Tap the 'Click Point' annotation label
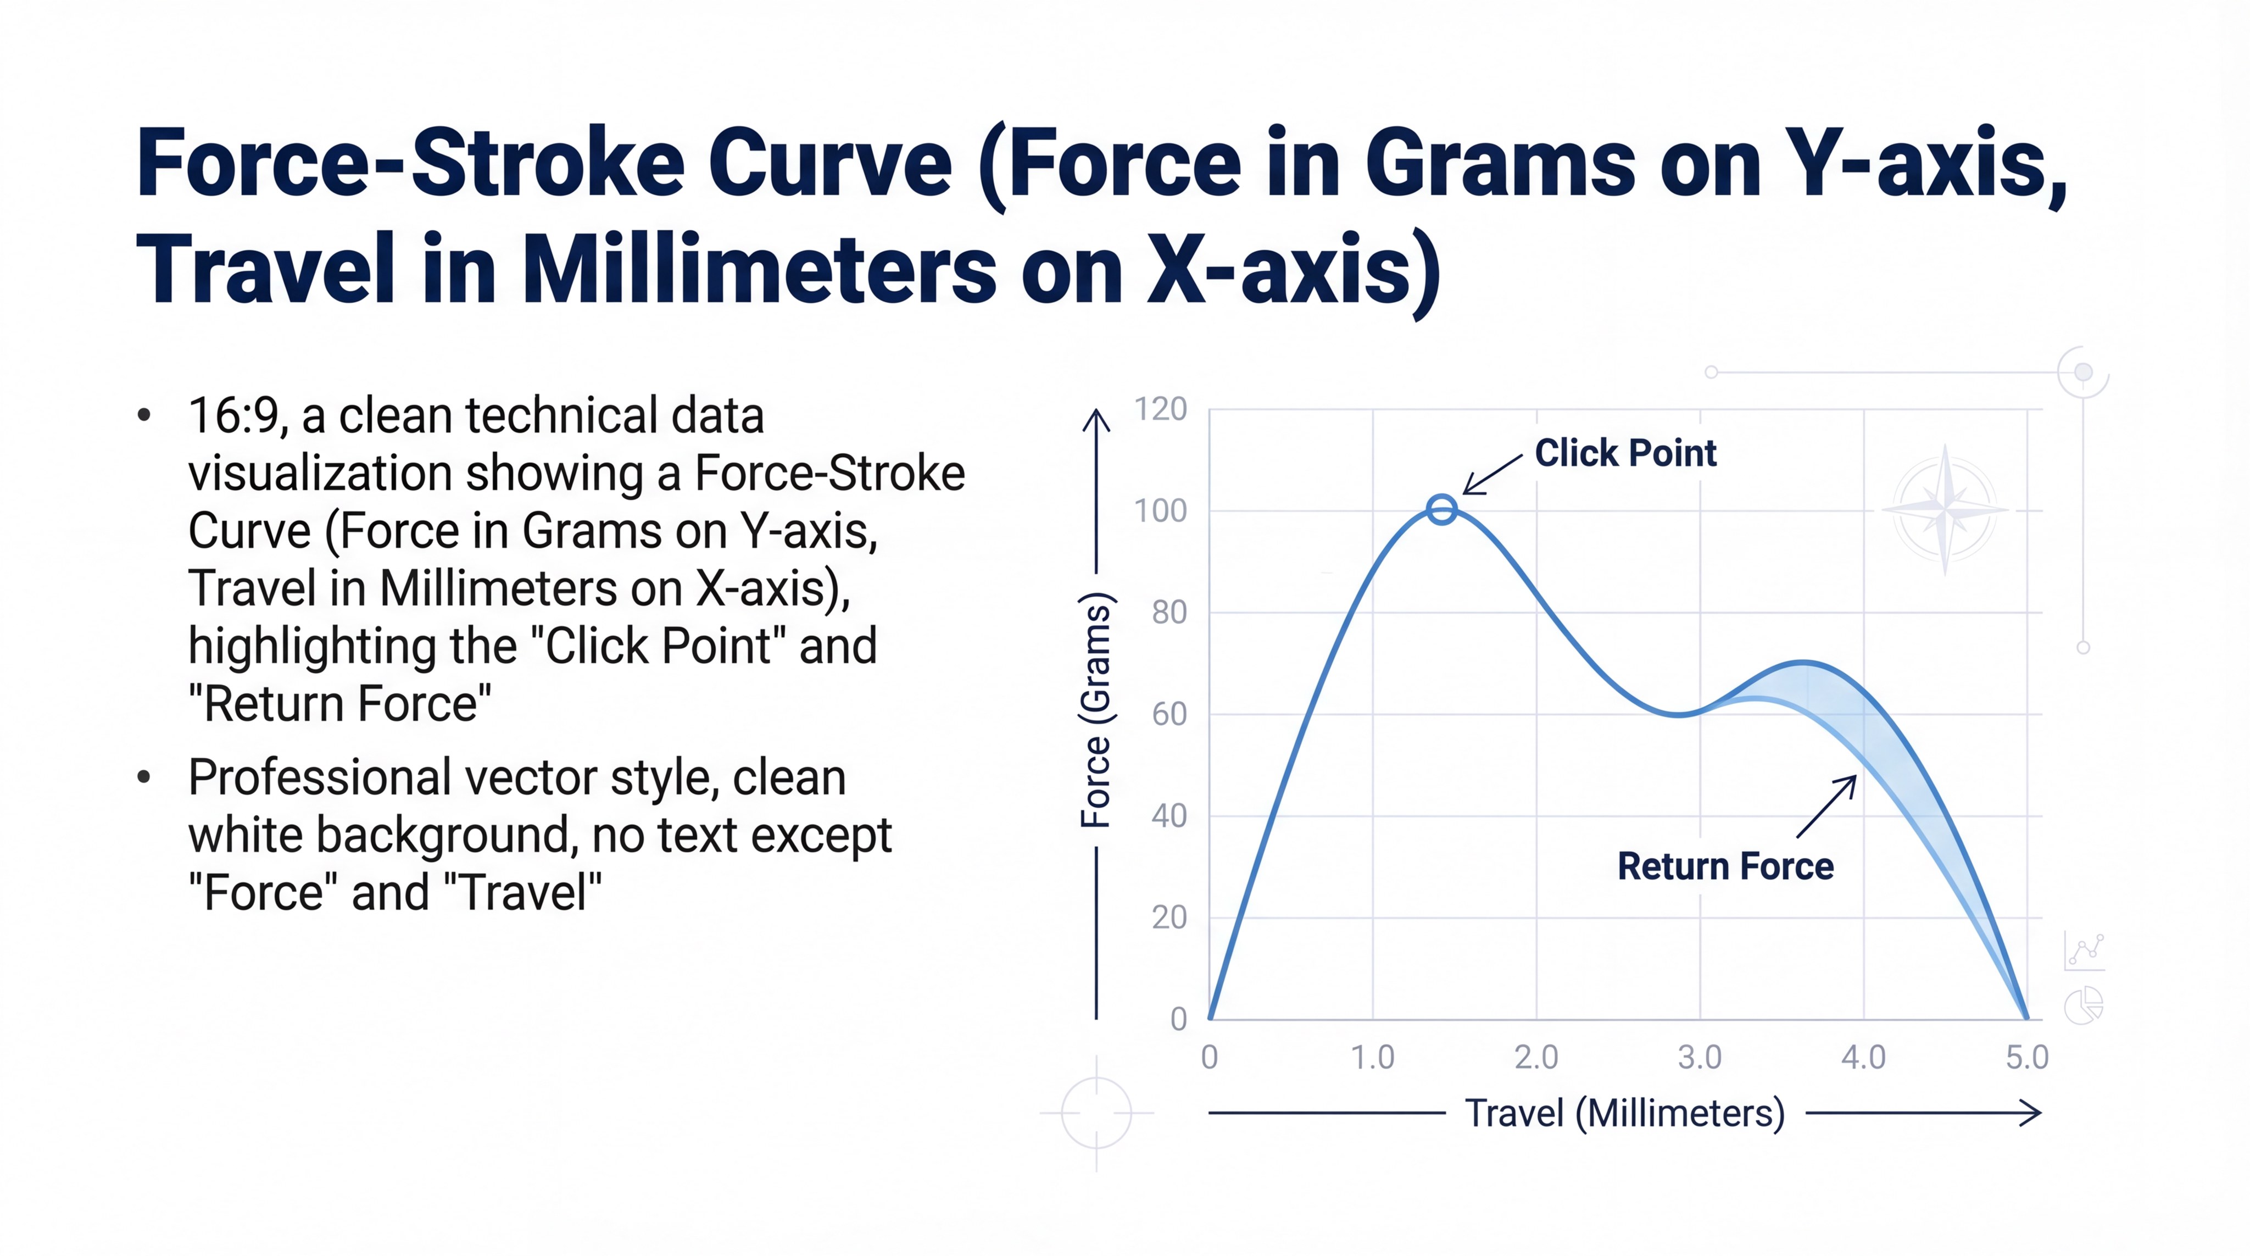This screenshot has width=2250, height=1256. pyautogui.click(x=1625, y=453)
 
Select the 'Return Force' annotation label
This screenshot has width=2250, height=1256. pyautogui.click(x=1725, y=866)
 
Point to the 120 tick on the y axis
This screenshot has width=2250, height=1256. pyautogui.click(x=1160, y=409)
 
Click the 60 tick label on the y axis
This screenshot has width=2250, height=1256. pyautogui.click(x=1169, y=714)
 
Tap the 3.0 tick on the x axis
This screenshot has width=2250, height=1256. pyautogui.click(x=1700, y=1058)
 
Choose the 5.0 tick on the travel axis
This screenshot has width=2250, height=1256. pyautogui.click(x=2026, y=1058)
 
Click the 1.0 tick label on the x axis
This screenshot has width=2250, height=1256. pyautogui.click(x=1372, y=1058)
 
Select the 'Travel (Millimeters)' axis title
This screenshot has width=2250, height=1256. pyautogui.click(x=1625, y=1114)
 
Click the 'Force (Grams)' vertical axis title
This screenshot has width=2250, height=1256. pyautogui.click(x=1096, y=710)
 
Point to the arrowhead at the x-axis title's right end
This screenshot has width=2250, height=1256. pyautogui.click(x=2034, y=1113)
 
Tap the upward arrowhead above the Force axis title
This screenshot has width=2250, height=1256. pyautogui.click(x=1096, y=421)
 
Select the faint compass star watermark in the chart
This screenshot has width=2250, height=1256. pyautogui.click(x=1945, y=509)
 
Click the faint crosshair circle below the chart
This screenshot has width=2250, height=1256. pyautogui.click(x=1096, y=1114)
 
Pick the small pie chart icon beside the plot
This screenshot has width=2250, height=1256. pyautogui.click(x=2084, y=1005)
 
